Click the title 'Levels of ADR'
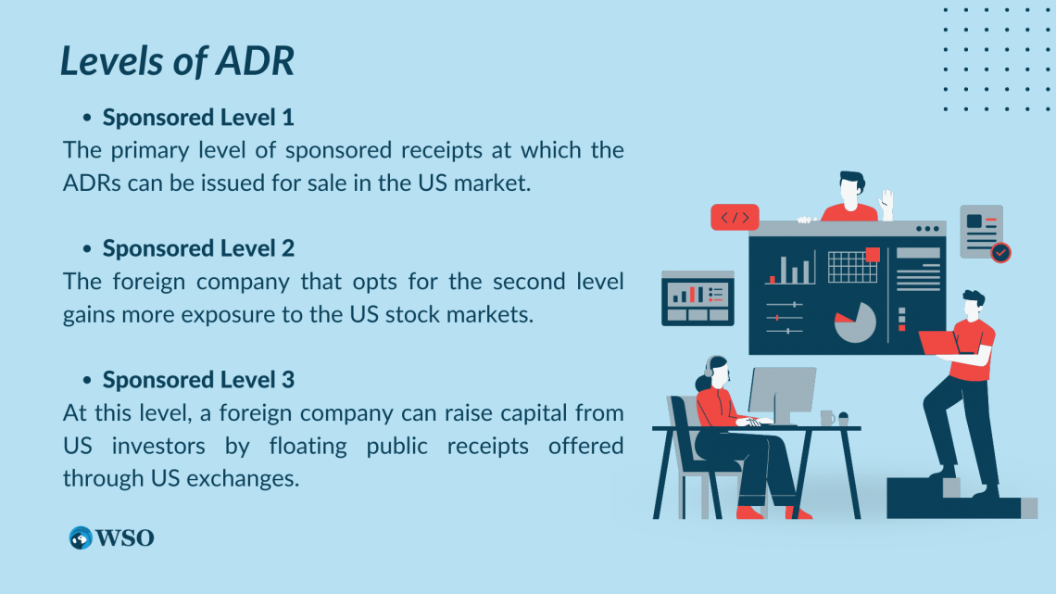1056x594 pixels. (177, 61)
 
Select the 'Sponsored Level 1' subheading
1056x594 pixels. (198, 118)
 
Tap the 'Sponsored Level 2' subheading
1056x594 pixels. (198, 248)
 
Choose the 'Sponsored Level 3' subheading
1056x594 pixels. (198, 380)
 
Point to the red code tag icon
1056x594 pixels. (735, 218)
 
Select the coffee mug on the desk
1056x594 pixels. (826, 419)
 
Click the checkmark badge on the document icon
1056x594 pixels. (1000, 252)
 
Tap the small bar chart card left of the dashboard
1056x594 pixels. (698, 297)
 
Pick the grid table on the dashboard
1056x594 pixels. (852, 267)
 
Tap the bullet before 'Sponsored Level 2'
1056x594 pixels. (87, 249)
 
